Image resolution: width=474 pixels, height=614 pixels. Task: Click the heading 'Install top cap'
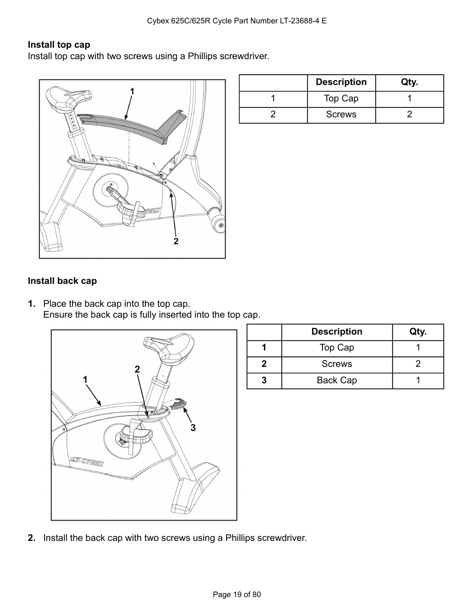pos(59,45)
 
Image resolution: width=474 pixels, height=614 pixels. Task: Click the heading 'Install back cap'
pos(62,281)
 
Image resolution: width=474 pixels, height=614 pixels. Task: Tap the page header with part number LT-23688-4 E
pos(237,21)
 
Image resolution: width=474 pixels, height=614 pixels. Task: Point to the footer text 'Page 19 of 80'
pos(237,595)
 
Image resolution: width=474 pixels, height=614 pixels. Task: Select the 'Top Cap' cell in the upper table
pos(341,98)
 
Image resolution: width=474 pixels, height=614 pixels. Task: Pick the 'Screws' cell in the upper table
pos(341,114)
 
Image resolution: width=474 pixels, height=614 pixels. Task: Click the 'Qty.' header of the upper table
pos(409,83)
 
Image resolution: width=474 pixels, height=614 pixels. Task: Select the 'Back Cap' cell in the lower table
pos(336,380)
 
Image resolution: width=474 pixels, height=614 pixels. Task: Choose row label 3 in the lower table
pos(264,380)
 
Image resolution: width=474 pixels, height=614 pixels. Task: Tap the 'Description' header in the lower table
pos(336,332)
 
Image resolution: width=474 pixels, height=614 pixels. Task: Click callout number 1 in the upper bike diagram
pos(132,91)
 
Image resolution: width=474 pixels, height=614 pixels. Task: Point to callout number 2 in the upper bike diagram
pos(176,241)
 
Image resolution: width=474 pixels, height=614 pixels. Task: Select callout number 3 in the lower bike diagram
pos(193,428)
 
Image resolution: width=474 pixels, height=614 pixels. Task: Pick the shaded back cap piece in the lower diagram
pos(178,403)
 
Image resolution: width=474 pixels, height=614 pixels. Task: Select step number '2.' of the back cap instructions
pos(32,538)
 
